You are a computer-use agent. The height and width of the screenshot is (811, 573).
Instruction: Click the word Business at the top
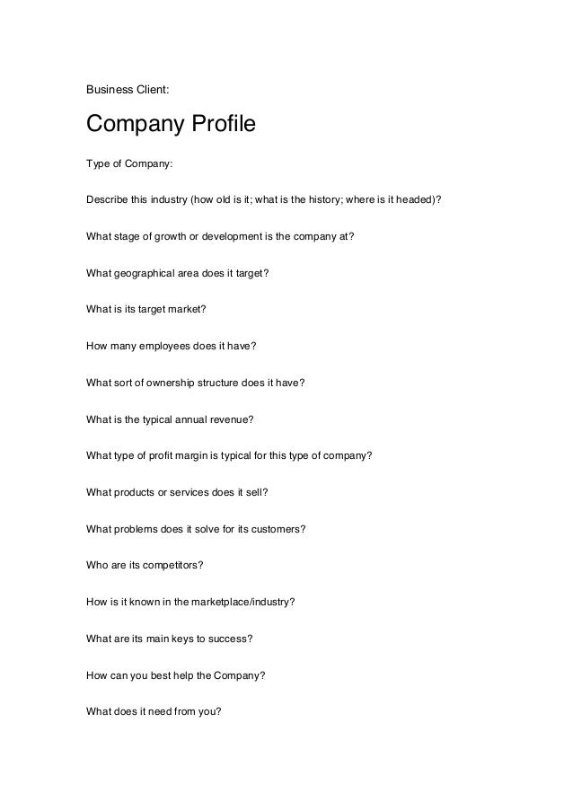click(108, 89)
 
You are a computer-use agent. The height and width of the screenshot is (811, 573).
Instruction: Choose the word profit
click(164, 455)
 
